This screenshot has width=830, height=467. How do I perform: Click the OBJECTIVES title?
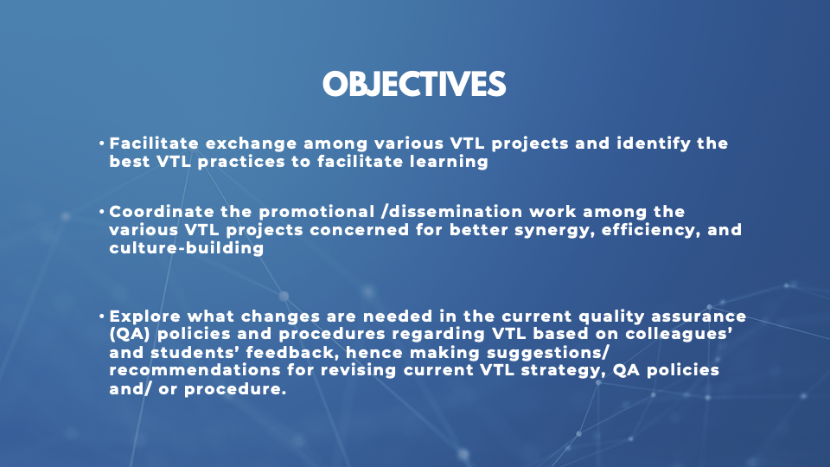[x=414, y=84]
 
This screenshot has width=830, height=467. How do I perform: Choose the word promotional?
[x=316, y=212]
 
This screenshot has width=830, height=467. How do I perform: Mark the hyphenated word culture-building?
[x=187, y=248]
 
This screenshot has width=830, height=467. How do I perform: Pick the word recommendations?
[x=195, y=370]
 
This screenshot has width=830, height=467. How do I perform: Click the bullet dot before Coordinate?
[x=102, y=212]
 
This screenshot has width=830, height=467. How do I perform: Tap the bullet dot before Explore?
[x=102, y=317]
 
